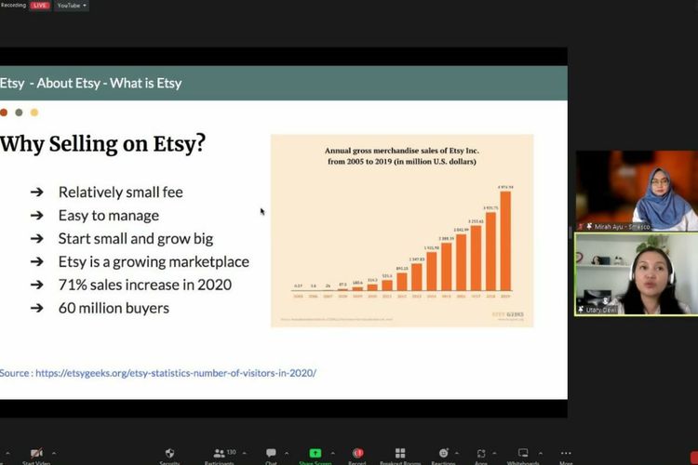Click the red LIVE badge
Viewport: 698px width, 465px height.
click(40, 6)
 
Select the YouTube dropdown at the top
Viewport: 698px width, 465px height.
click(72, 6)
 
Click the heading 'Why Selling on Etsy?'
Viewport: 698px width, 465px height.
click(102, 144)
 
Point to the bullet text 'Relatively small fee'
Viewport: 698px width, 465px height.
click(120, 193)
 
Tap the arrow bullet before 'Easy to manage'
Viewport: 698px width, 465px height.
click(36, 216)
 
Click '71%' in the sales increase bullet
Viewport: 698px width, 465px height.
click(73, 285)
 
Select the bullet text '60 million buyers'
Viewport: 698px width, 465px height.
click(114, 308)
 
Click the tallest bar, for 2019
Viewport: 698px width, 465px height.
click(504, 241)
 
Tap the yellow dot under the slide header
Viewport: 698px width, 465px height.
click(34, 113)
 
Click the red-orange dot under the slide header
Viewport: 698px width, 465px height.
click(4, 113)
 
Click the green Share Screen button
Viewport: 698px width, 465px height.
click(315, 454)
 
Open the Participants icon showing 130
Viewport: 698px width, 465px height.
click(220, 454)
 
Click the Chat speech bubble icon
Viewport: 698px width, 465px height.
click(271, 454)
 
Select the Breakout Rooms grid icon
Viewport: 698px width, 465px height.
click(400, 454)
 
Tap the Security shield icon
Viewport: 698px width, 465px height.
click(169, 454)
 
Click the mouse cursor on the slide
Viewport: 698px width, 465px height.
click(262, 211)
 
